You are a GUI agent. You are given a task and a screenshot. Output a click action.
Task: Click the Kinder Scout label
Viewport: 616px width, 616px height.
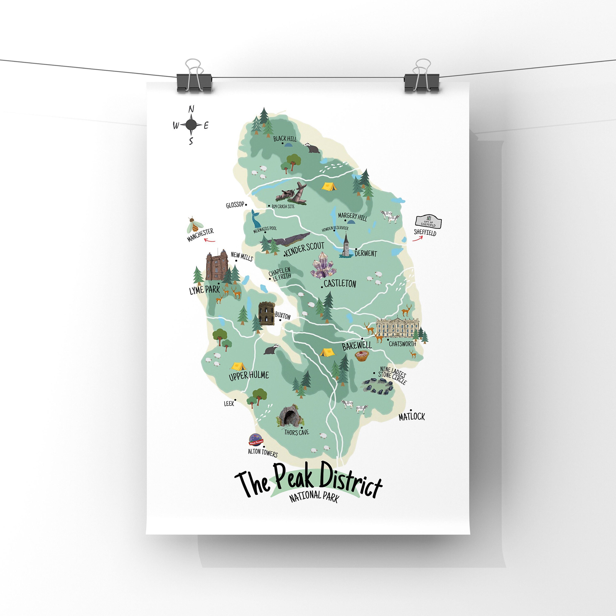pyautogui.click(x=305, y=249)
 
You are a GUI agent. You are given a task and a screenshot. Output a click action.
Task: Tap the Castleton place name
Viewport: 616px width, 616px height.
pyautogui.click(x=340, y=283)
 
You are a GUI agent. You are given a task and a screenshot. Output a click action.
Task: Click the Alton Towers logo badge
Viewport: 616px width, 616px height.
pyautogui.click(x=256, y=440)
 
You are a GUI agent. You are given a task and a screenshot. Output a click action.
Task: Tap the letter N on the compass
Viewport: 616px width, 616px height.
pyautogui.click(x=191, y=109)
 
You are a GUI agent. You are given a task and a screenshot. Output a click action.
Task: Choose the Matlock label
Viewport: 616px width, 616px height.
pyautogui.click(x=412, y=416)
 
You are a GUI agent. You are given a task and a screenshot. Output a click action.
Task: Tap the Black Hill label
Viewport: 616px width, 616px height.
pyautogui.click(x=285, y=139)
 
